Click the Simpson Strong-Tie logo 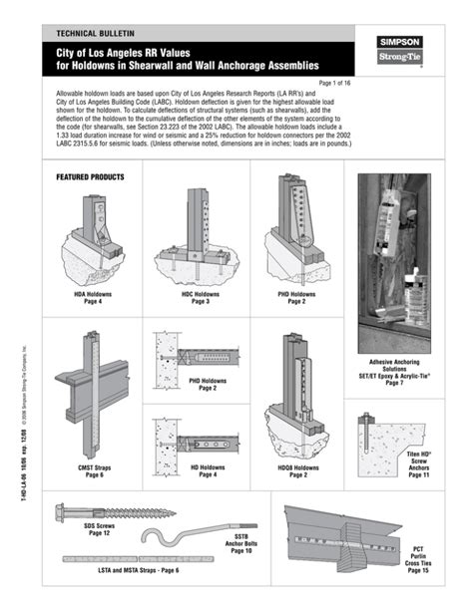(400, 51)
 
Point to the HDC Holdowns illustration (200, 231)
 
